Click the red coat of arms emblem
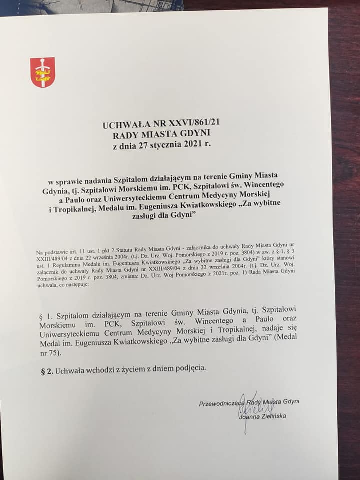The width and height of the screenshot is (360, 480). point(43,73)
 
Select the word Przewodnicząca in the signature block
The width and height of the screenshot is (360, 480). point(220,402)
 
